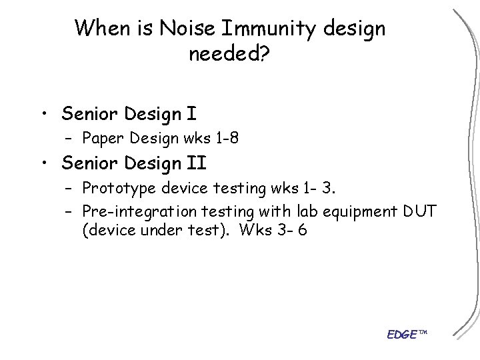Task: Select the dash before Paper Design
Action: coord(71,139)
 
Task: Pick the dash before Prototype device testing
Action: coord(71,190)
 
